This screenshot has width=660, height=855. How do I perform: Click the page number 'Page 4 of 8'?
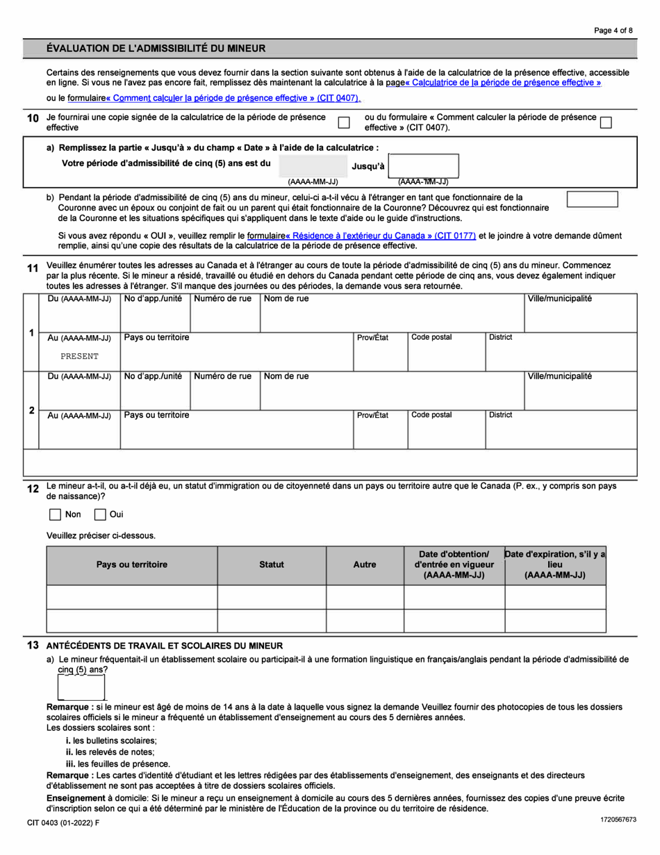(613, 30)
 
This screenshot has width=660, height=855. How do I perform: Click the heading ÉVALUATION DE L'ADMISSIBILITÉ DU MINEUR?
(156, 49)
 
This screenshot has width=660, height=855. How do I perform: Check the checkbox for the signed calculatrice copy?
(343, 122)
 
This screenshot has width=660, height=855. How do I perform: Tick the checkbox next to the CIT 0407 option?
(605, 122)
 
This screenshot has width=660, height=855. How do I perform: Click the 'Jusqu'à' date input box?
(424, 166)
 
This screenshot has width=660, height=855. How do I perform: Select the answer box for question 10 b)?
(592, 199)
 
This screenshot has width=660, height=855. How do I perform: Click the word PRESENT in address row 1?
(79, 356)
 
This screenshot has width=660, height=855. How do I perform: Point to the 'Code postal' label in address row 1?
(431, 337)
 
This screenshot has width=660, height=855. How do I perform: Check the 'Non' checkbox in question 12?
(55, 515)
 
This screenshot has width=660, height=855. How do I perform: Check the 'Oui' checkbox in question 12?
(99, 515)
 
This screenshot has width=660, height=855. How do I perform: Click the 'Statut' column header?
(271, 565)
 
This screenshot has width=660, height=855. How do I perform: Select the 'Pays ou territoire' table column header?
(131, 565)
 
